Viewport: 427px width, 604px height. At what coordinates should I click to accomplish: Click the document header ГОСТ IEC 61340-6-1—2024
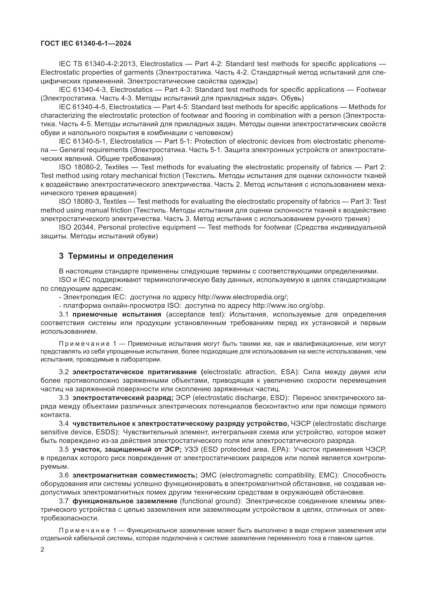tap(86, 44)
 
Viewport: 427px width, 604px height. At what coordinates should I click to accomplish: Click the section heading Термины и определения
tap(120, 256)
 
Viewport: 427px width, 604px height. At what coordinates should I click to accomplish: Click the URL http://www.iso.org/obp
tap(289, 306)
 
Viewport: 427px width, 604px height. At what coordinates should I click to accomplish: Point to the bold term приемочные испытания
tap(117, 314)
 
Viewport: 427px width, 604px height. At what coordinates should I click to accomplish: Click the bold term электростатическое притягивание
tap(135, 372)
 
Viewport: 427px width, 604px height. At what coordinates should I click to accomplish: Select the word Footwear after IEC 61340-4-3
tap(371, 90)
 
